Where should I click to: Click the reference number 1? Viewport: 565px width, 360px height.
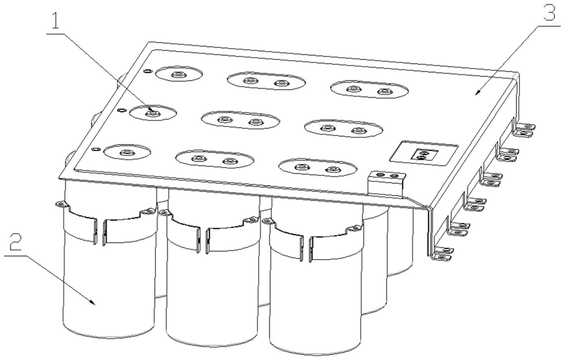click(55, 21)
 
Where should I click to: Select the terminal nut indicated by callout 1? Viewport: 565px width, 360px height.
click(153, 113)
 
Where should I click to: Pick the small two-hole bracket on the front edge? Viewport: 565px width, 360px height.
click(387, 179)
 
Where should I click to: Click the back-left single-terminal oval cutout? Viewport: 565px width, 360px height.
click(179, 74)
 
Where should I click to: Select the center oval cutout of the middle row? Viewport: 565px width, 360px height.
click(240, 120)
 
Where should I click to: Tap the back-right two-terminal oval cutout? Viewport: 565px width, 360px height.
click(370, 90)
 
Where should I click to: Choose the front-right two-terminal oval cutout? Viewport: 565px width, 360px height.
click(318, 168)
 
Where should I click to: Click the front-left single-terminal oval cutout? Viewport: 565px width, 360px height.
click(127, 152)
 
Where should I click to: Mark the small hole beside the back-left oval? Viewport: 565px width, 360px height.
click(147, 71)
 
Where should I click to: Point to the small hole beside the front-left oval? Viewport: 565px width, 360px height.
click(96, 149)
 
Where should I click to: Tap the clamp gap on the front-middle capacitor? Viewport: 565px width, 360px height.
click(203, 240)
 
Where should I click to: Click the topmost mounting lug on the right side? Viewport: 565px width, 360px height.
click(524, 129)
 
